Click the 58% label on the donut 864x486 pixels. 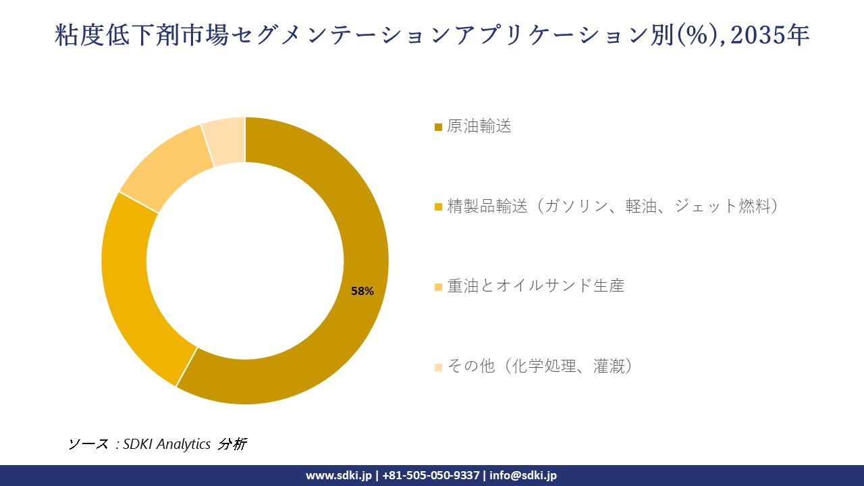[362, 291]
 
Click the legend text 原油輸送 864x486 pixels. [479, 126]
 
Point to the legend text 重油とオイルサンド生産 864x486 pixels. [535, 286]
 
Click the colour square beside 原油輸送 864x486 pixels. [438, 127]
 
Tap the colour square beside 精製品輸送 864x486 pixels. [438, 207]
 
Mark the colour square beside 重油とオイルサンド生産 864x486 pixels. [438, 287]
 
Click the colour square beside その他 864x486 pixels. [438, 367]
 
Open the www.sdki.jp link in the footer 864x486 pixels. [338, 475]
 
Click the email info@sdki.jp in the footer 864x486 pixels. [523, 475]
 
